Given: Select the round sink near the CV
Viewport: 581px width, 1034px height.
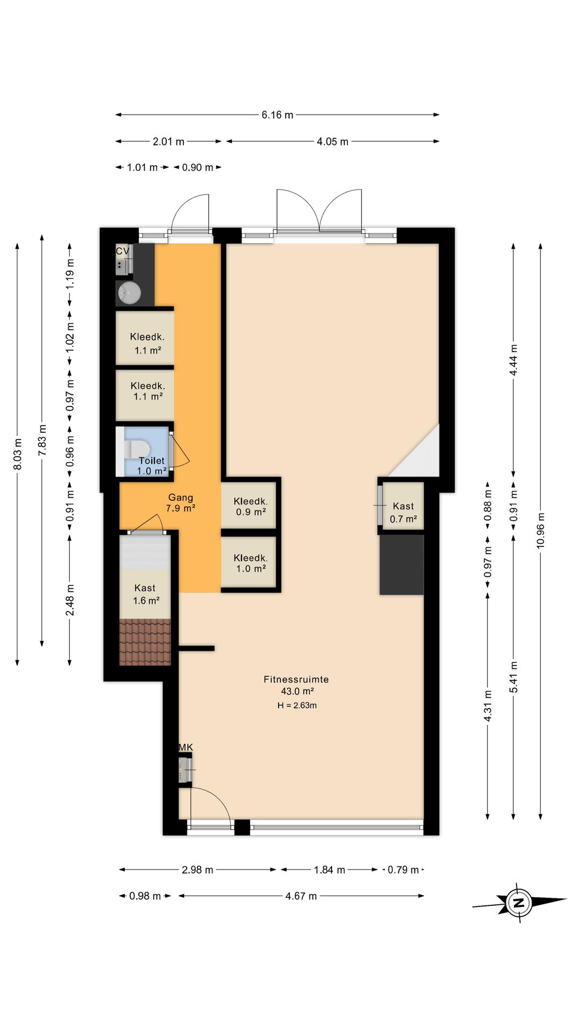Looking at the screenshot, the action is [x=129, y=293].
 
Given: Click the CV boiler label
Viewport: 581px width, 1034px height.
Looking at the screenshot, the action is [x=122, y=251].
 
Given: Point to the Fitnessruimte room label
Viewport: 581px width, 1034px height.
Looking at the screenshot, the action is [x=296, y=680].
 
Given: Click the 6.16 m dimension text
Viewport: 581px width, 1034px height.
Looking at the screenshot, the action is [x=278, y=115].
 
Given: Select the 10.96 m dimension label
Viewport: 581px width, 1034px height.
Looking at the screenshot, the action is [x=541, y=531].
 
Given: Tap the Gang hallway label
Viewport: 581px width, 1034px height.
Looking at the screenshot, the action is [x=181, y=498].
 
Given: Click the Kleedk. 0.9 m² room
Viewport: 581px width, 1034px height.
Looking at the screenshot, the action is [x=250, y=506].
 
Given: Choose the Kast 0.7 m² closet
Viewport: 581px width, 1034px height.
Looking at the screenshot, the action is [x=403, y=506].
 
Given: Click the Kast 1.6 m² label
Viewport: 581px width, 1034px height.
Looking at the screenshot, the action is [x=145, y=594].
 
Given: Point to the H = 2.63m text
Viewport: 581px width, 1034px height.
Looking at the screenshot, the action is [x=297, y=705].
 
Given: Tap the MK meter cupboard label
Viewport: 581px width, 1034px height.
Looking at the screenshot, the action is [x=186, y=747].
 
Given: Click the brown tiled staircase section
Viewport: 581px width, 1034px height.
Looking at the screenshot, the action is [x=145, y=642].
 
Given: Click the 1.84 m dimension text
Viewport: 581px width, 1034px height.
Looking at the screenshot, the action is [x=329, y=870].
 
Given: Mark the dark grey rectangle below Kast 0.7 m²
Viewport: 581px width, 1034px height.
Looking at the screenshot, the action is [x=402, y=564].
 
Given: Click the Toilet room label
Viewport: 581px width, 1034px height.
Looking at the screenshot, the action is [x=152, y=460].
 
